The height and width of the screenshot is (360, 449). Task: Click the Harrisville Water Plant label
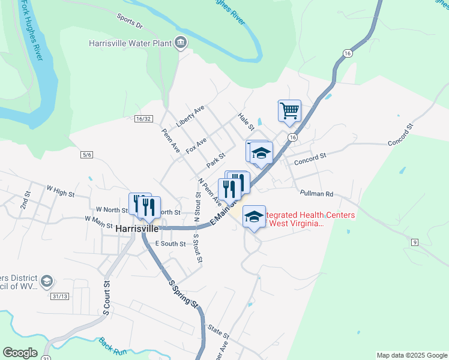[x=130, y=43]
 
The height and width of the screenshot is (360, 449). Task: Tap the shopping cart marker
[x=289, y=111]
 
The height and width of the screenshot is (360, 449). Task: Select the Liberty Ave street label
[x=190, y=116]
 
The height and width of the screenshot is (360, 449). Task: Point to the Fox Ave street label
[x=196, y=145]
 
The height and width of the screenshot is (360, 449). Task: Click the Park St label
[x=215, y=160]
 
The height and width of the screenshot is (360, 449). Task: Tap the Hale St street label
[x=247, y=120]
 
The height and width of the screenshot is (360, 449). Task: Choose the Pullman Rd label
[x=316, y=194]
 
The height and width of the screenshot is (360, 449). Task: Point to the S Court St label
[x=107, y=298]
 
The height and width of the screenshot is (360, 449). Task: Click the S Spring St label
[x=183, y=294]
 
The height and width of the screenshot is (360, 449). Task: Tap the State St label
[x=218, y=331]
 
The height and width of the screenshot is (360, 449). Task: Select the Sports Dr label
[x=130, y=22]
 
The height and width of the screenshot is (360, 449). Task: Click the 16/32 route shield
[x=143, y=119]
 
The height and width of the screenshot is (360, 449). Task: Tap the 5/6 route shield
[x=86, y=155]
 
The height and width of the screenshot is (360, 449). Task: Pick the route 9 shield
[x=414, y=242]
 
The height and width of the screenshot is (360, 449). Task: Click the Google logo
[x=20, y=353]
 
